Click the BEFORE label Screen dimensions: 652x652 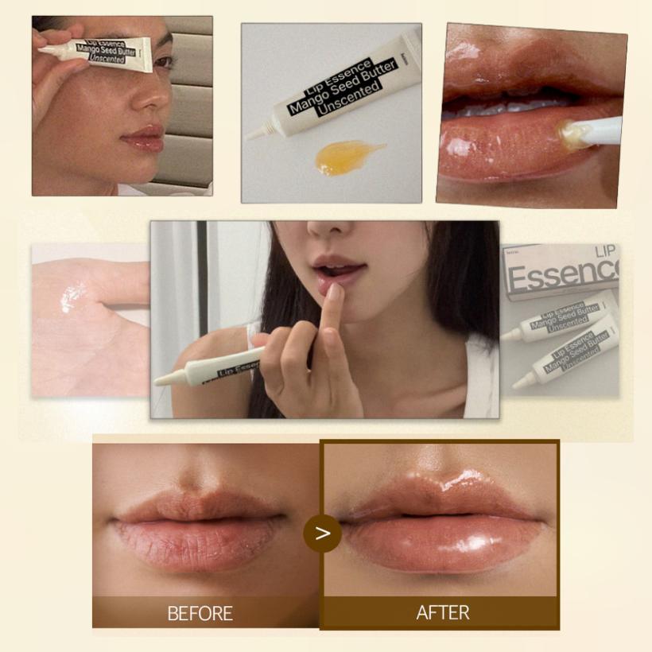pos(200,613)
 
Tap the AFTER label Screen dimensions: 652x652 pos(442,612)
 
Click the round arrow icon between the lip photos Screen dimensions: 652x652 pos(322,534)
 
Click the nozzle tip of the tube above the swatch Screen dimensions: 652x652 pos(250,137)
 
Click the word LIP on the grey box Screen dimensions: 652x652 pos(605,252)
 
